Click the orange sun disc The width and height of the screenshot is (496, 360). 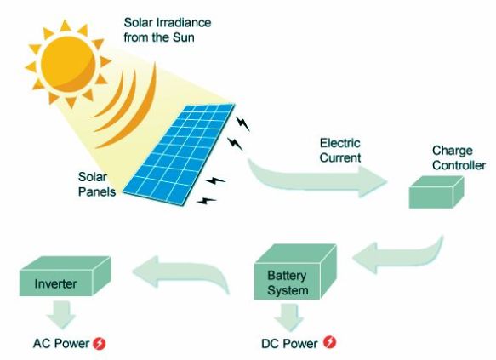[68, 64]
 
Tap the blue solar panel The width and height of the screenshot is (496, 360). [180, 154]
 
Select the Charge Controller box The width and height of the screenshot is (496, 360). [436, 192]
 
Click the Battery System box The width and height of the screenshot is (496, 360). [295, 271]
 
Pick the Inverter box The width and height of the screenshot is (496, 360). [65, 276]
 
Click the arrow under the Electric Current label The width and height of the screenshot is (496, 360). [316, 179]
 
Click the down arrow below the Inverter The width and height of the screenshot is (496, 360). [60, 314]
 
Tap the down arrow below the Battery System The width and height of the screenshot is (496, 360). [288, 317]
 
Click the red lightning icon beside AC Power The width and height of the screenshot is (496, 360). [100, 343]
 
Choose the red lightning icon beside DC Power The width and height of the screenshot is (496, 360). [330, 342]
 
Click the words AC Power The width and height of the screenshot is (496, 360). [61, 343]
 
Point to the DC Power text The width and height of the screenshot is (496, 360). [289, 344]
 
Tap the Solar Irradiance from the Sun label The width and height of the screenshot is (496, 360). [168, 30]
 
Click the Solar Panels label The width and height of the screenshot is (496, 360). [97, 184]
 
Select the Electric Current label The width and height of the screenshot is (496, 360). [340, 151]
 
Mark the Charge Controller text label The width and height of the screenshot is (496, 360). [459, 157]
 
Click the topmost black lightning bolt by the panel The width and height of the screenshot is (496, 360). [243, 123]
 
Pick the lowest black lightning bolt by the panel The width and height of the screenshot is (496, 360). [206, 201]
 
